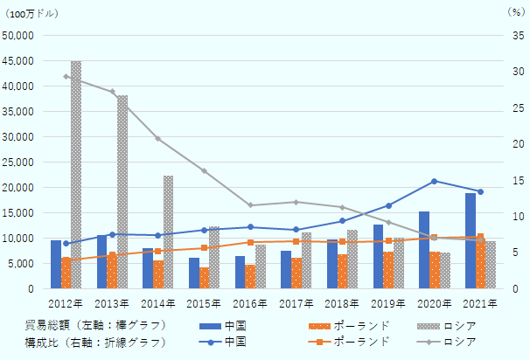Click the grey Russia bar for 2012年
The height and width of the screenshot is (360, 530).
click(76, 175)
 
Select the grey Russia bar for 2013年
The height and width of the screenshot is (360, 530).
click(122, 192)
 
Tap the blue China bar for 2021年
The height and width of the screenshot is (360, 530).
click(471, 240)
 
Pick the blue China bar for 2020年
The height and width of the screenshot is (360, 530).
click(424, 250)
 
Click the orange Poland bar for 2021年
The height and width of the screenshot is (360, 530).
click(481, 261)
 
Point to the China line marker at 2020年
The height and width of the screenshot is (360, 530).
click(434, 181)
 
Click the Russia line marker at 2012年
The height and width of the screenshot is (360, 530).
click(66, 76)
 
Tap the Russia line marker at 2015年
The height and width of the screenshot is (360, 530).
click(204, 170)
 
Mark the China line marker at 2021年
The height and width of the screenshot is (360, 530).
click(480, 191)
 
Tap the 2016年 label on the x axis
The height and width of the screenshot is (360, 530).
click(250, 302)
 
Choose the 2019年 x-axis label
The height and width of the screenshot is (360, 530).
click(388, 302)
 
